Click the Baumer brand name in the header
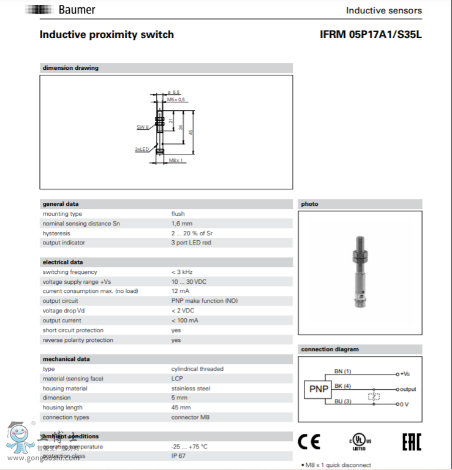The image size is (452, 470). (77, 10)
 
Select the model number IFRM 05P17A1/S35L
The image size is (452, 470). (371, 35)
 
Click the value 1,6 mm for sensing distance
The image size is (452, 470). (181, 224)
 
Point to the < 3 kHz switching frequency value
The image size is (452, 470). (183, 272)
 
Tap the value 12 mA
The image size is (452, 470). (180, 291)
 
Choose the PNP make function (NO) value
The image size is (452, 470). (204, 301)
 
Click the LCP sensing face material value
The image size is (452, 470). (177, 379)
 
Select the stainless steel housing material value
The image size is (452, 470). (190, 389)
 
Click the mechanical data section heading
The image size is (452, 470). (66, 359)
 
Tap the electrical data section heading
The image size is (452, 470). (62, 262)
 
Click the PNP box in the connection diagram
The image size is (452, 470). (318, 389)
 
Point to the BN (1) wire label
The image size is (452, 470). (342, 371)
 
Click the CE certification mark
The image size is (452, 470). (309, 441)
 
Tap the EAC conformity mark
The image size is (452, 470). (411, 441)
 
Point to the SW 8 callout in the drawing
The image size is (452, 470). (143, 126)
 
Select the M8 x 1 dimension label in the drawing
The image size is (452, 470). (176, 160)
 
